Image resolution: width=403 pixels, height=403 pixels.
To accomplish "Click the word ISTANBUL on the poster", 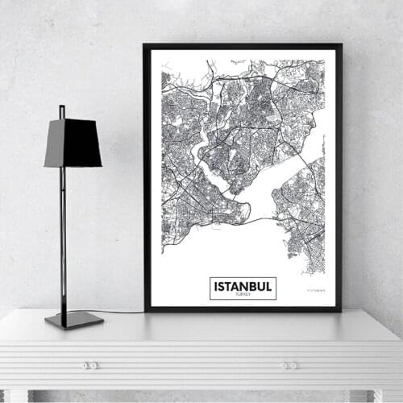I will tap(243, 285).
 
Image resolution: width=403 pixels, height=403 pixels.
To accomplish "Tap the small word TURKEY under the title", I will tap(243, 295).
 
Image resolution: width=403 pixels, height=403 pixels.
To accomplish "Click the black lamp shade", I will tap(73, 143).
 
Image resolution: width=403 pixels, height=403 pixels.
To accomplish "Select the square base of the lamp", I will tap(74, 319).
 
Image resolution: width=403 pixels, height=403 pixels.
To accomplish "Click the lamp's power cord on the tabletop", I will tap(121, 311).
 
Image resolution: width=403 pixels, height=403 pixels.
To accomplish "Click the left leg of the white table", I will tap(16, 396).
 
